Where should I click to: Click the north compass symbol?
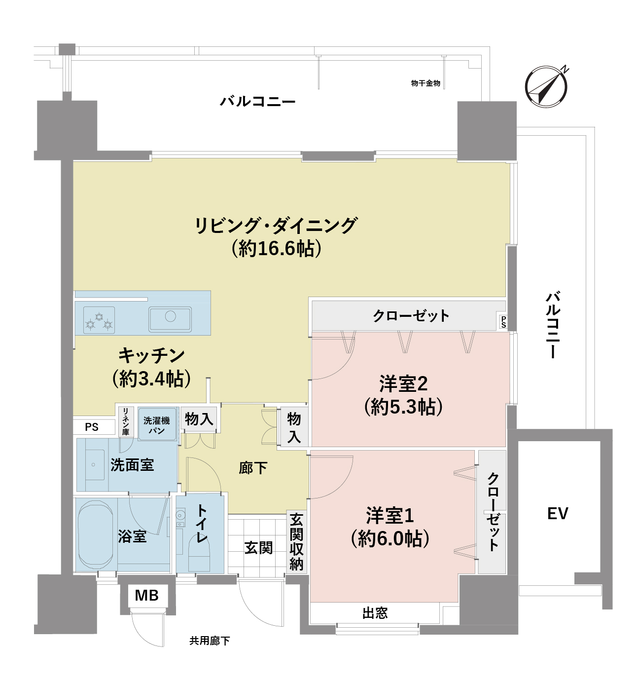546,86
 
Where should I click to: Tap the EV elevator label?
558,514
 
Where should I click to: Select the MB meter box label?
146,596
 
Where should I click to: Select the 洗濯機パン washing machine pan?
157,424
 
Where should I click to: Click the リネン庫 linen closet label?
126,421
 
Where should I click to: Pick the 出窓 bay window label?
375,613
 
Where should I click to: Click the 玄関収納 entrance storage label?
296,542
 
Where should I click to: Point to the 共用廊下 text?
210,641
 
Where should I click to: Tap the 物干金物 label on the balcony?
425,83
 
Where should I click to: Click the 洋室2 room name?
403,383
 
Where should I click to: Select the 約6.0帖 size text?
390,538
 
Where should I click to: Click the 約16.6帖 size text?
277,248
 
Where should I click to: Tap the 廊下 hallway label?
253,467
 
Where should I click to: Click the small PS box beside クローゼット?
503,322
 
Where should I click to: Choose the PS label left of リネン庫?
92,427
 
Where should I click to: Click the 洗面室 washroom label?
132,464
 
